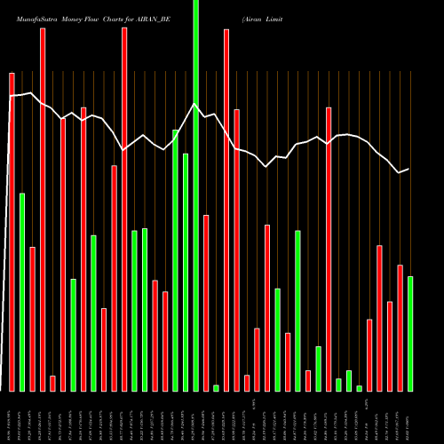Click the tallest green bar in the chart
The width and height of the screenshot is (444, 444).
196,195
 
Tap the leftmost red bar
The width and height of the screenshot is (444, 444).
12,232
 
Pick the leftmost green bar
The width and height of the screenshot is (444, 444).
22,292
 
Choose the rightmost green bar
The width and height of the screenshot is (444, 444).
410,334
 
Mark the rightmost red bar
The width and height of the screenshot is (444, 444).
400,328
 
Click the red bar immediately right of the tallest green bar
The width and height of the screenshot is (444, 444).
206,303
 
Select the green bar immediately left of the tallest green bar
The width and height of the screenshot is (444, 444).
186,272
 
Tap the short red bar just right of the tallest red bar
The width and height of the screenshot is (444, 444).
52,383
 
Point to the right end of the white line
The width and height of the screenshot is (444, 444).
408,169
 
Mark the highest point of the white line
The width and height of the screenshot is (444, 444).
32,92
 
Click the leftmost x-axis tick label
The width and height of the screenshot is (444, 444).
12,417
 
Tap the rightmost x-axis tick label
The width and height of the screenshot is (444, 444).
410,417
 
